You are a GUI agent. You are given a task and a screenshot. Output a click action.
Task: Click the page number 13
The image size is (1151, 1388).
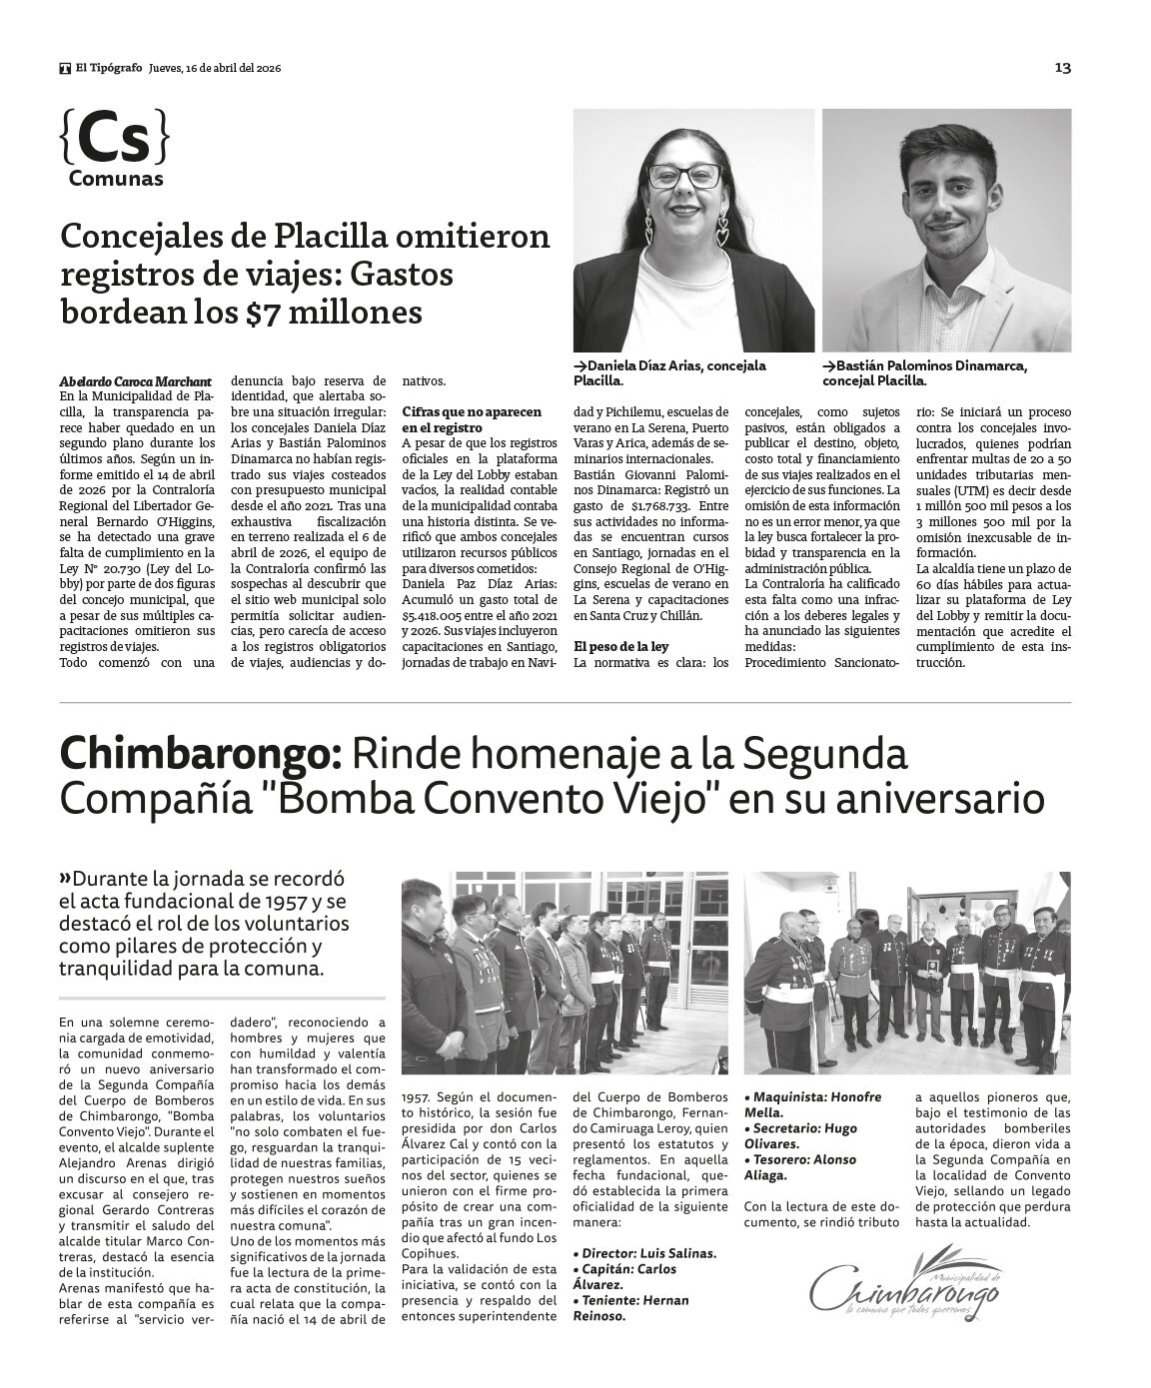(1062, 68)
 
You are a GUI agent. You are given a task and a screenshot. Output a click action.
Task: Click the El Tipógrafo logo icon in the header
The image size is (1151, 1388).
(65, 68)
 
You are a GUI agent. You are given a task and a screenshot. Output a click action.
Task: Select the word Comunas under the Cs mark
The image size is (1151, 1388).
(116, 180)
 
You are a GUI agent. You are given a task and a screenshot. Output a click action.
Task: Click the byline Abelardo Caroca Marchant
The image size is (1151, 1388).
(136, 380)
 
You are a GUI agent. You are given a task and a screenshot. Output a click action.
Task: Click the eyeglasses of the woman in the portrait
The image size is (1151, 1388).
(686, 175)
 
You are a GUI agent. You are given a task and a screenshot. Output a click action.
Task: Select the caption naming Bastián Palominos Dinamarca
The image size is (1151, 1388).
(924, 372)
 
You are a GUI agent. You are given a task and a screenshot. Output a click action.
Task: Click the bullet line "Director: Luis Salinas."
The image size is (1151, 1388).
(644, 1252)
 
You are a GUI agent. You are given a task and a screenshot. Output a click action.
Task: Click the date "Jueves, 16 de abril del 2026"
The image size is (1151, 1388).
(214, 68)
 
